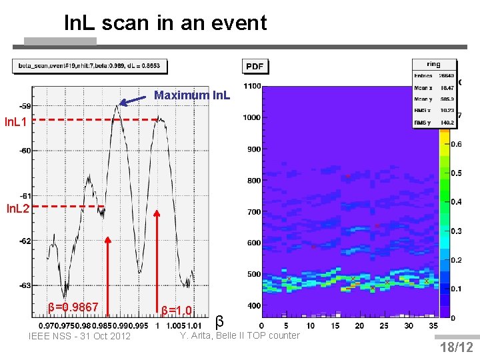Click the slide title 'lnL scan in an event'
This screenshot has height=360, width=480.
pyautogui.click(x=165, y=23)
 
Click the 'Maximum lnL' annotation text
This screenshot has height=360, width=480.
pyautogui.click(x=192, y=96)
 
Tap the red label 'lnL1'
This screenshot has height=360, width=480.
pyautogui.click(x=16, y=122)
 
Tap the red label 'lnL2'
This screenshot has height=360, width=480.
pyautogui.click(x=17, y=209)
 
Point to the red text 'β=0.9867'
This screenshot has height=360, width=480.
pyautogui.click(x=73, y=307)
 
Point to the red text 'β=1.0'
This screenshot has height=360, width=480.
pyautogui.click(x=177, y=310)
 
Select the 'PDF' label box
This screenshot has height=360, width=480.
pyautogui.click(x=255, y=66)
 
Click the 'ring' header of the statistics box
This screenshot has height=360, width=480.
pyautogui.click(x=434, y=65)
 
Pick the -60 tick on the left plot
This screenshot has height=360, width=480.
pyautogui.click(x=25, y=151)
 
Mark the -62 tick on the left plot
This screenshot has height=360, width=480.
pyautogui.click(x=25, y=241)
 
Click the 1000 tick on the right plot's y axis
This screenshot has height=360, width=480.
pyautogui.click(x=251, y=117)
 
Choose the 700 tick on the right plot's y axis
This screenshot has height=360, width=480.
pyautogui.click(x=253, y=212)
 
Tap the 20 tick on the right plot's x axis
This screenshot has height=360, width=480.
pyautogui.click(x=359, y=325)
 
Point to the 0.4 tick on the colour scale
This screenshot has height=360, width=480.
pyautogui.click(x=456, y=202)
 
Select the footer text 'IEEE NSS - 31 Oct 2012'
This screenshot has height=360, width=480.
pyautogui.click(x=80, y=335)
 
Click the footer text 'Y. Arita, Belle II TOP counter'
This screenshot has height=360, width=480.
pyautogui.click(x=240, y=335)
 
